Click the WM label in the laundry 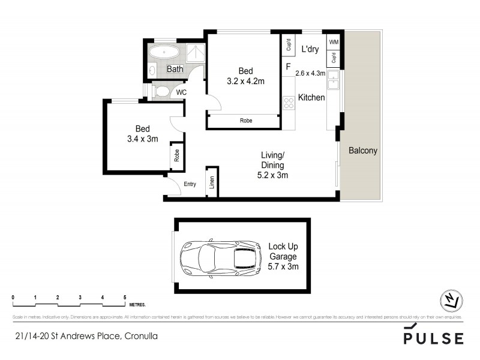click(334, 42)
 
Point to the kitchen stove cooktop click(288, 103)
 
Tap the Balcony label click(363, 151)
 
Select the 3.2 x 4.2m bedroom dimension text click(245, 81)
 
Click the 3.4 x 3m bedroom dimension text click(142, 139)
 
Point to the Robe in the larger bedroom click(245, 121)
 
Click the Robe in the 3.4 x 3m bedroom click(176, 157)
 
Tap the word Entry click(190, 184)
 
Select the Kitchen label click(311, 97)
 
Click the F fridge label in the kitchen click(288, 67)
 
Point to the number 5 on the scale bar click(125, 298)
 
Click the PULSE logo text click(433, 338)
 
